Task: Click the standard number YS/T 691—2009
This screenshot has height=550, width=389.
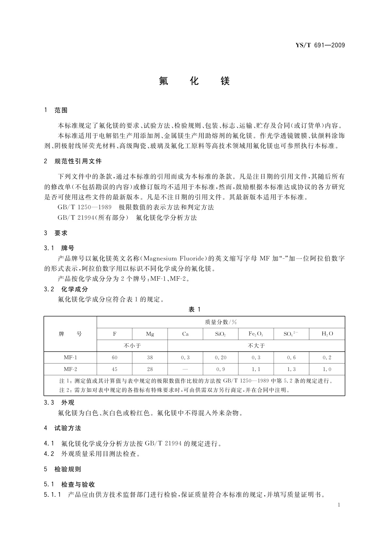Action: pos(320,45)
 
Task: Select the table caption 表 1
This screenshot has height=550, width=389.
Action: pos(194,310)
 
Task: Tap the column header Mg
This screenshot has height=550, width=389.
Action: pos(150,334)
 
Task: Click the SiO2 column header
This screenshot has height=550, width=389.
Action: pos(220,334)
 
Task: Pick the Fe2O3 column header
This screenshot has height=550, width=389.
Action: pos(256,334)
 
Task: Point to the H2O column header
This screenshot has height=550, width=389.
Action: pos(327,334)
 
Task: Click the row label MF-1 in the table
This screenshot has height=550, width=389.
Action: pos(70,357)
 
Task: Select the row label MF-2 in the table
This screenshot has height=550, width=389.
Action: pos(70,369)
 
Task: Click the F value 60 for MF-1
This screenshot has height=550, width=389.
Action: pos(114,357)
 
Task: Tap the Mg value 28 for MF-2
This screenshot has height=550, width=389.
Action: pos(150,369)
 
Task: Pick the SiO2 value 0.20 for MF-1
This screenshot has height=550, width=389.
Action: pos(220,357)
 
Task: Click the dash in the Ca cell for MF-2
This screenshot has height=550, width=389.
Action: pos(185,369)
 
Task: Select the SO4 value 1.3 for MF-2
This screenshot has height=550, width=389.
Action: pos(291,369)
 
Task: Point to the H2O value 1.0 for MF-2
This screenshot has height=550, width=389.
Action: pos(327,369)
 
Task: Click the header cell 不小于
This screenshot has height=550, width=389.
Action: pos(132,346)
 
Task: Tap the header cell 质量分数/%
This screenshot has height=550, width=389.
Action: pos(221,322)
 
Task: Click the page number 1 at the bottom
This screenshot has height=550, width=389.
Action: pos(339,505)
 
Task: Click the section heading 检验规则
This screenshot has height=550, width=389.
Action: pos(68,469)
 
